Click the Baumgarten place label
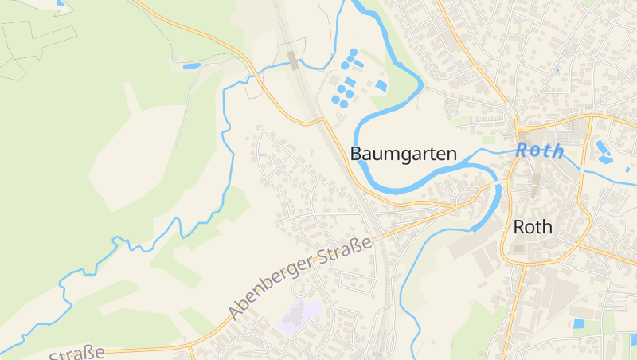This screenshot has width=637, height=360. click(404, 154)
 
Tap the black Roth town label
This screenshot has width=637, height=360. click(533, 226)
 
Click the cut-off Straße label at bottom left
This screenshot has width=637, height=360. click(78, 354)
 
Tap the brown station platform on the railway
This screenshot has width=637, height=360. click(293, 60)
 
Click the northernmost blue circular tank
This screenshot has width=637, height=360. click(354, 53)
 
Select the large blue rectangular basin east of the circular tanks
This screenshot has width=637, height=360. click(381, 85)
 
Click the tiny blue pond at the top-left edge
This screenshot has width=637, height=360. click(60, 4)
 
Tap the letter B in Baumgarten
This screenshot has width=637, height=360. click(358, 154)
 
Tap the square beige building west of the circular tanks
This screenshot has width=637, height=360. click(333, 80)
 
